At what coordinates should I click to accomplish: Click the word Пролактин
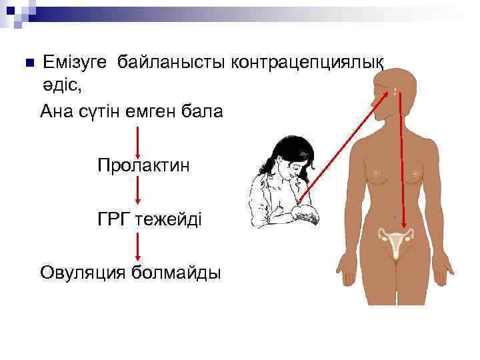point(143,165)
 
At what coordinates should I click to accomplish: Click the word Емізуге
point(75,62)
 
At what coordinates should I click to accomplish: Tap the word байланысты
point(172,62)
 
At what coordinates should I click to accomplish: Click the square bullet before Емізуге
point(27,63)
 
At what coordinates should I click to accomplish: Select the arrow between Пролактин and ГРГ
point(137,192)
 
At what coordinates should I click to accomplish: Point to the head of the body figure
point(393,90)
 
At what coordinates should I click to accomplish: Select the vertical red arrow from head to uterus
point(402,160)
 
